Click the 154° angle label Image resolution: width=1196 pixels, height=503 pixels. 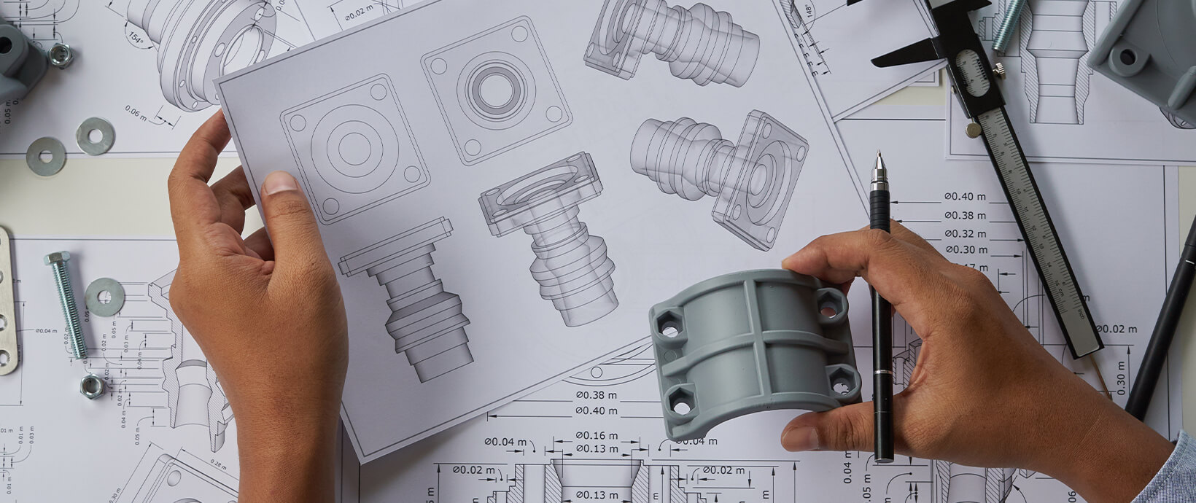[136, 38]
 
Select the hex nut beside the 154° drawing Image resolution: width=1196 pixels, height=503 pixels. [60, 55]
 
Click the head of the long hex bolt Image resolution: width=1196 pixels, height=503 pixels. [57, 259]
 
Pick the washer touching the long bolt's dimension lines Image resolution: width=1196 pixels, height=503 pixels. [105, 297]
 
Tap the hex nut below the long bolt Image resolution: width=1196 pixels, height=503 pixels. [92, 386]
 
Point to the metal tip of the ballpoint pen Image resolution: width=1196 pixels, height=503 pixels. [879, 161]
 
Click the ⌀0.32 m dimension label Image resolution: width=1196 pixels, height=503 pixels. [965, 234]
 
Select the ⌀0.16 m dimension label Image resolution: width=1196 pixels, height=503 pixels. [596, 436]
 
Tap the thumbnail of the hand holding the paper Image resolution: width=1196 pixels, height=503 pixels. [279, 182]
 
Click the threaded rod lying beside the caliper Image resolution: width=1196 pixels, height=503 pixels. [1008, 25]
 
